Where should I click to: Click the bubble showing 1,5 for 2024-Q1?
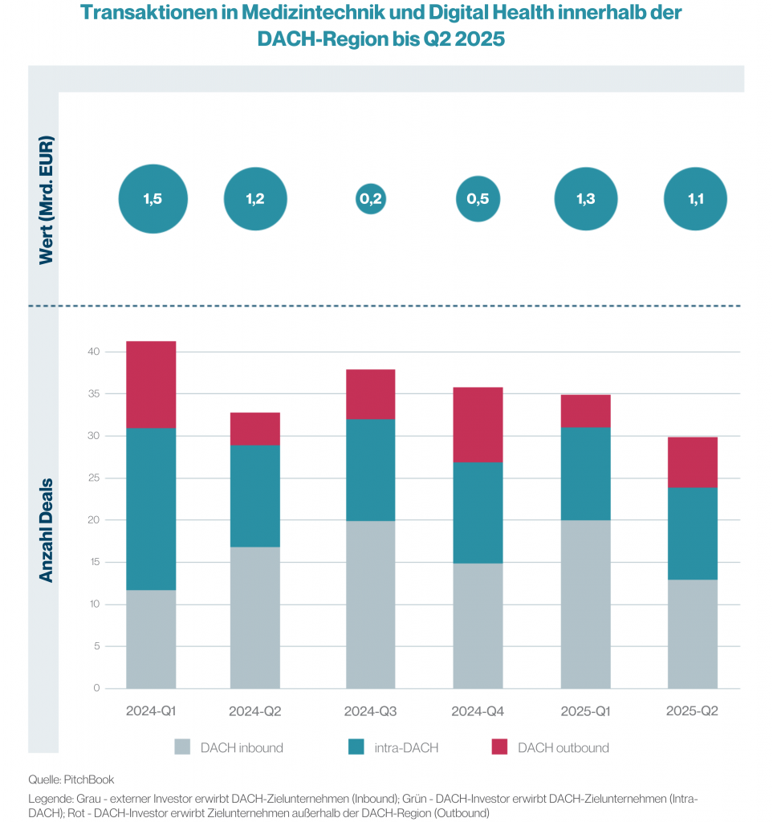click(x=153, y=200)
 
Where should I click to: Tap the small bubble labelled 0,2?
click(x=370, y=199)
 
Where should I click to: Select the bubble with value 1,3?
click(x=586, y=199)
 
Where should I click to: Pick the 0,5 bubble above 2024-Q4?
click(x=478, y=199)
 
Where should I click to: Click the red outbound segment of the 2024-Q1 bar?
click(x=151, y=385)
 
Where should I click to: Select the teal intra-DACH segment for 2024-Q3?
click(x=370, y=470)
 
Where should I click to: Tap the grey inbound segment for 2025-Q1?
click(x=586, y=604)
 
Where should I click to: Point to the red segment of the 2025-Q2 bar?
click(x=693, y=462)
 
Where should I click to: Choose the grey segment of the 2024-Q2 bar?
click(x=255, y=617)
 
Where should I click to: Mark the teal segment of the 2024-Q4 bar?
click(x=478, y=512)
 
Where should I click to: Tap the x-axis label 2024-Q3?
click(x=370, y=711)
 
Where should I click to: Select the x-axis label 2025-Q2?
click(x=693, y=711)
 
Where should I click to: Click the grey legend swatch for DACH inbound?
click(x=183, y=747)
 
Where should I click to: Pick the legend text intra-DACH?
click(x=407, y=747)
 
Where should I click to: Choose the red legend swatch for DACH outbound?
click(x=499, y=747)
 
